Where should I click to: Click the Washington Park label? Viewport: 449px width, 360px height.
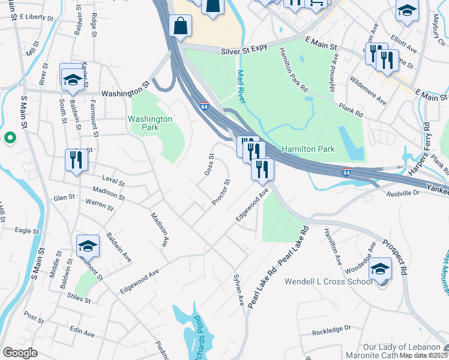coord(150,123)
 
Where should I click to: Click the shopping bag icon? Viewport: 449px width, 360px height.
coord(180,26)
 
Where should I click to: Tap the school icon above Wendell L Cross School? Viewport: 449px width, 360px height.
coord(381,269)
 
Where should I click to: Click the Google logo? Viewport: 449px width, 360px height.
coord(20,353)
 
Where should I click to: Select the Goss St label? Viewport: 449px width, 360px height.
coord(209,164)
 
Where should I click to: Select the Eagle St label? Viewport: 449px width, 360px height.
coord(26,230)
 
